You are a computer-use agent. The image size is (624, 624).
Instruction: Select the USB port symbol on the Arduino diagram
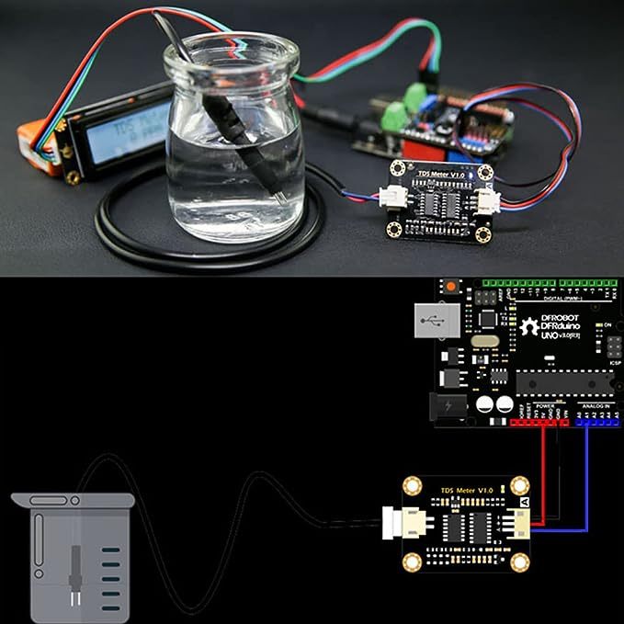(438, 322)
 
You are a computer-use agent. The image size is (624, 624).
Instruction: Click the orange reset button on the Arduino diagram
(450, 289)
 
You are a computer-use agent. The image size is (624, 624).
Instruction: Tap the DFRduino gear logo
(528, 326)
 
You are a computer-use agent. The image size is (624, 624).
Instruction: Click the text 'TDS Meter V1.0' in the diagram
(467, 492)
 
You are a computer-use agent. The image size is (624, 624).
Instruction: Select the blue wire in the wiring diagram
(586, 478)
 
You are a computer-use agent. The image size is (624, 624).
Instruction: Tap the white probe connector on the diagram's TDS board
(402, 526)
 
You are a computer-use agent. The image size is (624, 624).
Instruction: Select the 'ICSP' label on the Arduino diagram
(615, 362)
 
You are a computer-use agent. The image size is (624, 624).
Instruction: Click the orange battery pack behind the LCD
(41, 142)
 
